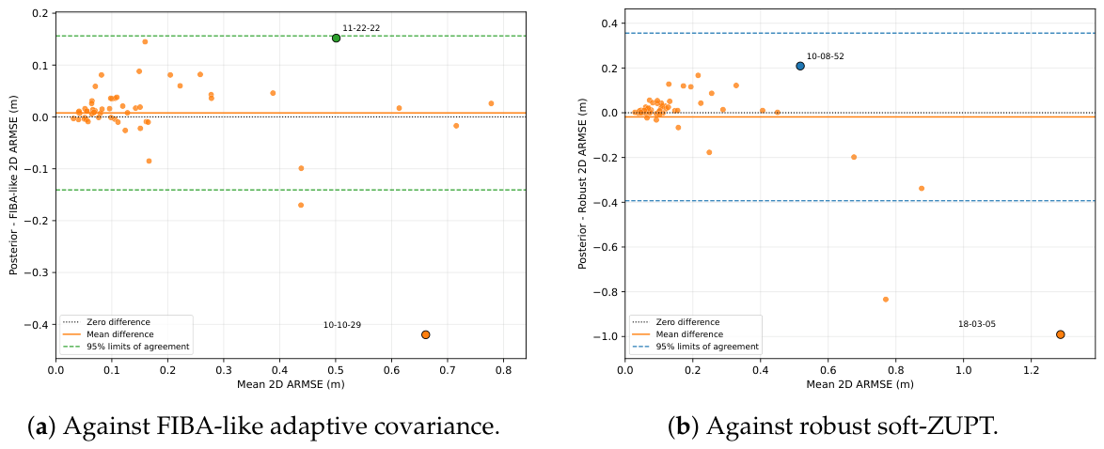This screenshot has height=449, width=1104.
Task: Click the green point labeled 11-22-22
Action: pos(336,38)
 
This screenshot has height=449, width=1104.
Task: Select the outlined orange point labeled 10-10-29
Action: pos(425,334)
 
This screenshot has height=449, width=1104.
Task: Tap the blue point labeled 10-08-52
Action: pos(800,66)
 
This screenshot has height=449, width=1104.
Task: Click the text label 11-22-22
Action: pos(362,28)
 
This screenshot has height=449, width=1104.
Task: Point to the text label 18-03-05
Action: pos(977,324)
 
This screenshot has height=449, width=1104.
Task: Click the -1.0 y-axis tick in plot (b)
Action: pos(607,336)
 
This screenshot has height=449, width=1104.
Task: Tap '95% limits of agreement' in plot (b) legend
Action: pos(714,347)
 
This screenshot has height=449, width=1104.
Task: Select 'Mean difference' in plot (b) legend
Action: pos(696,334)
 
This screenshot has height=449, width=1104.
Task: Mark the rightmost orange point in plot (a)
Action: pos(491,103)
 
